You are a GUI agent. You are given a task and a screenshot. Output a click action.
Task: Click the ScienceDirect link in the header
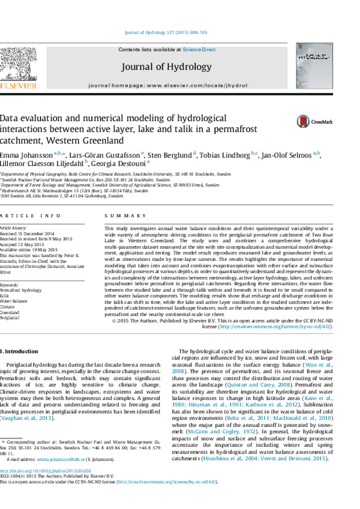[x=199, y=50]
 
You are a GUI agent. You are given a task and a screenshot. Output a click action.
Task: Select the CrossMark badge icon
[x=303, y=121]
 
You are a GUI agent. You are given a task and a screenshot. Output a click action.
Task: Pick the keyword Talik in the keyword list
[x=4, y=296]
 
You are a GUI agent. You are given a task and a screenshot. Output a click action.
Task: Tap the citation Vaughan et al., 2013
[x=27, y=419]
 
